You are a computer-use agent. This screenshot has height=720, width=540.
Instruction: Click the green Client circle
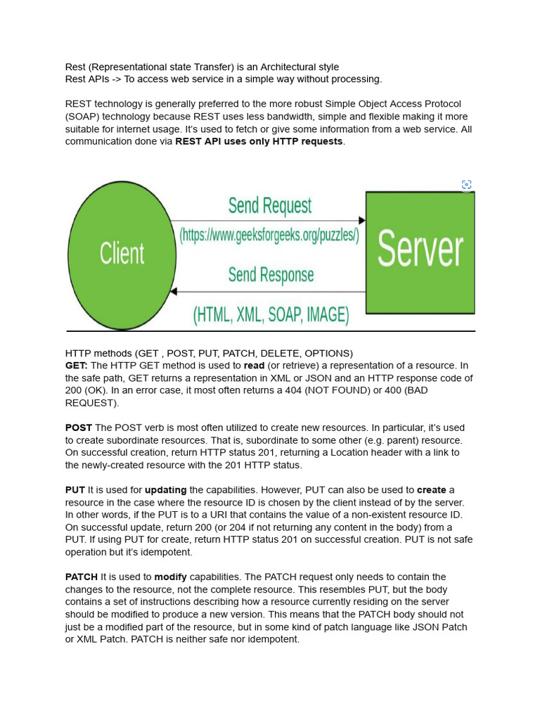[122, 255]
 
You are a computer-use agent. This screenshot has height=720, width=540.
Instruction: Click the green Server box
[420, 252]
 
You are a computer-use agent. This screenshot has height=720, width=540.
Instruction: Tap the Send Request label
[269, 205]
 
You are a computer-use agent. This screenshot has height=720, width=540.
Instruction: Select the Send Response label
[271, 275]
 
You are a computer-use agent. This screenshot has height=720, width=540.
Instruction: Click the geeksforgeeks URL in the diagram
[269, 235]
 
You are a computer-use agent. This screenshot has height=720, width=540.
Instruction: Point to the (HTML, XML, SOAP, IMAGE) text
[271, 314]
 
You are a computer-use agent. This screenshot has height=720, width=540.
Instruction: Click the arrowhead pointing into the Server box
[361, 221]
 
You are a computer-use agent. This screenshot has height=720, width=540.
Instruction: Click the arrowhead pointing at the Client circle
[174, 291]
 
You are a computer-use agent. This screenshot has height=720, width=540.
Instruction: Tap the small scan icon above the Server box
[466, 185]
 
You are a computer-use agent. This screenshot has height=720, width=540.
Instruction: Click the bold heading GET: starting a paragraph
[76, 366]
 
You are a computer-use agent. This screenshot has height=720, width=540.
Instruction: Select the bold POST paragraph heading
[79, 427]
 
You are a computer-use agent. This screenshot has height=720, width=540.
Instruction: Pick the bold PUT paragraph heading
[75, 490]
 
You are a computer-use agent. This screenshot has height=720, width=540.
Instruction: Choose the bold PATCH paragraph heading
[82, 577]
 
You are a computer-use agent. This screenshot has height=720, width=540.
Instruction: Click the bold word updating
[166, 490]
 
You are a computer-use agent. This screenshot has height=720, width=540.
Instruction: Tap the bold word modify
[171, 577]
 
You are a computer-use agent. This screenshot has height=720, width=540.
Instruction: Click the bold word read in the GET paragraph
[254, 366]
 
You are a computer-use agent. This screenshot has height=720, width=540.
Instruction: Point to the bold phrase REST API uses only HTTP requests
[259, 141]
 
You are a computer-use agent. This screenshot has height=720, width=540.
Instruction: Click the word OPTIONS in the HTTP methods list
[328, 353]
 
